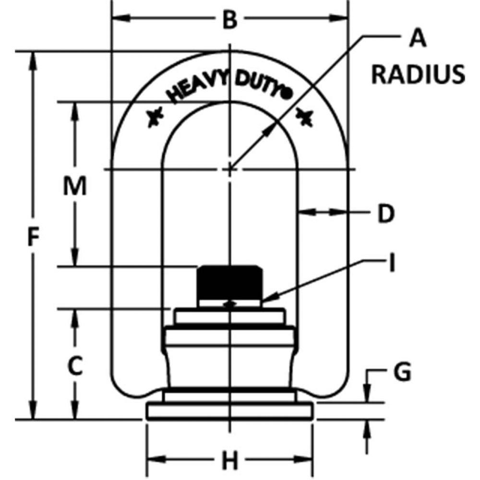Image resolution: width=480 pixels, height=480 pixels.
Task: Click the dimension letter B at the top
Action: tap(231, 20)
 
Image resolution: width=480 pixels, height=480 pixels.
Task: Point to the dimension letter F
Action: tap(32, 238)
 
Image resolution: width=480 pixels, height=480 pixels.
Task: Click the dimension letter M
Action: tap(75, 186)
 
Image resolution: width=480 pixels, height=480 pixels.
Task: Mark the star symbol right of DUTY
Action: tap(305, 117)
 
